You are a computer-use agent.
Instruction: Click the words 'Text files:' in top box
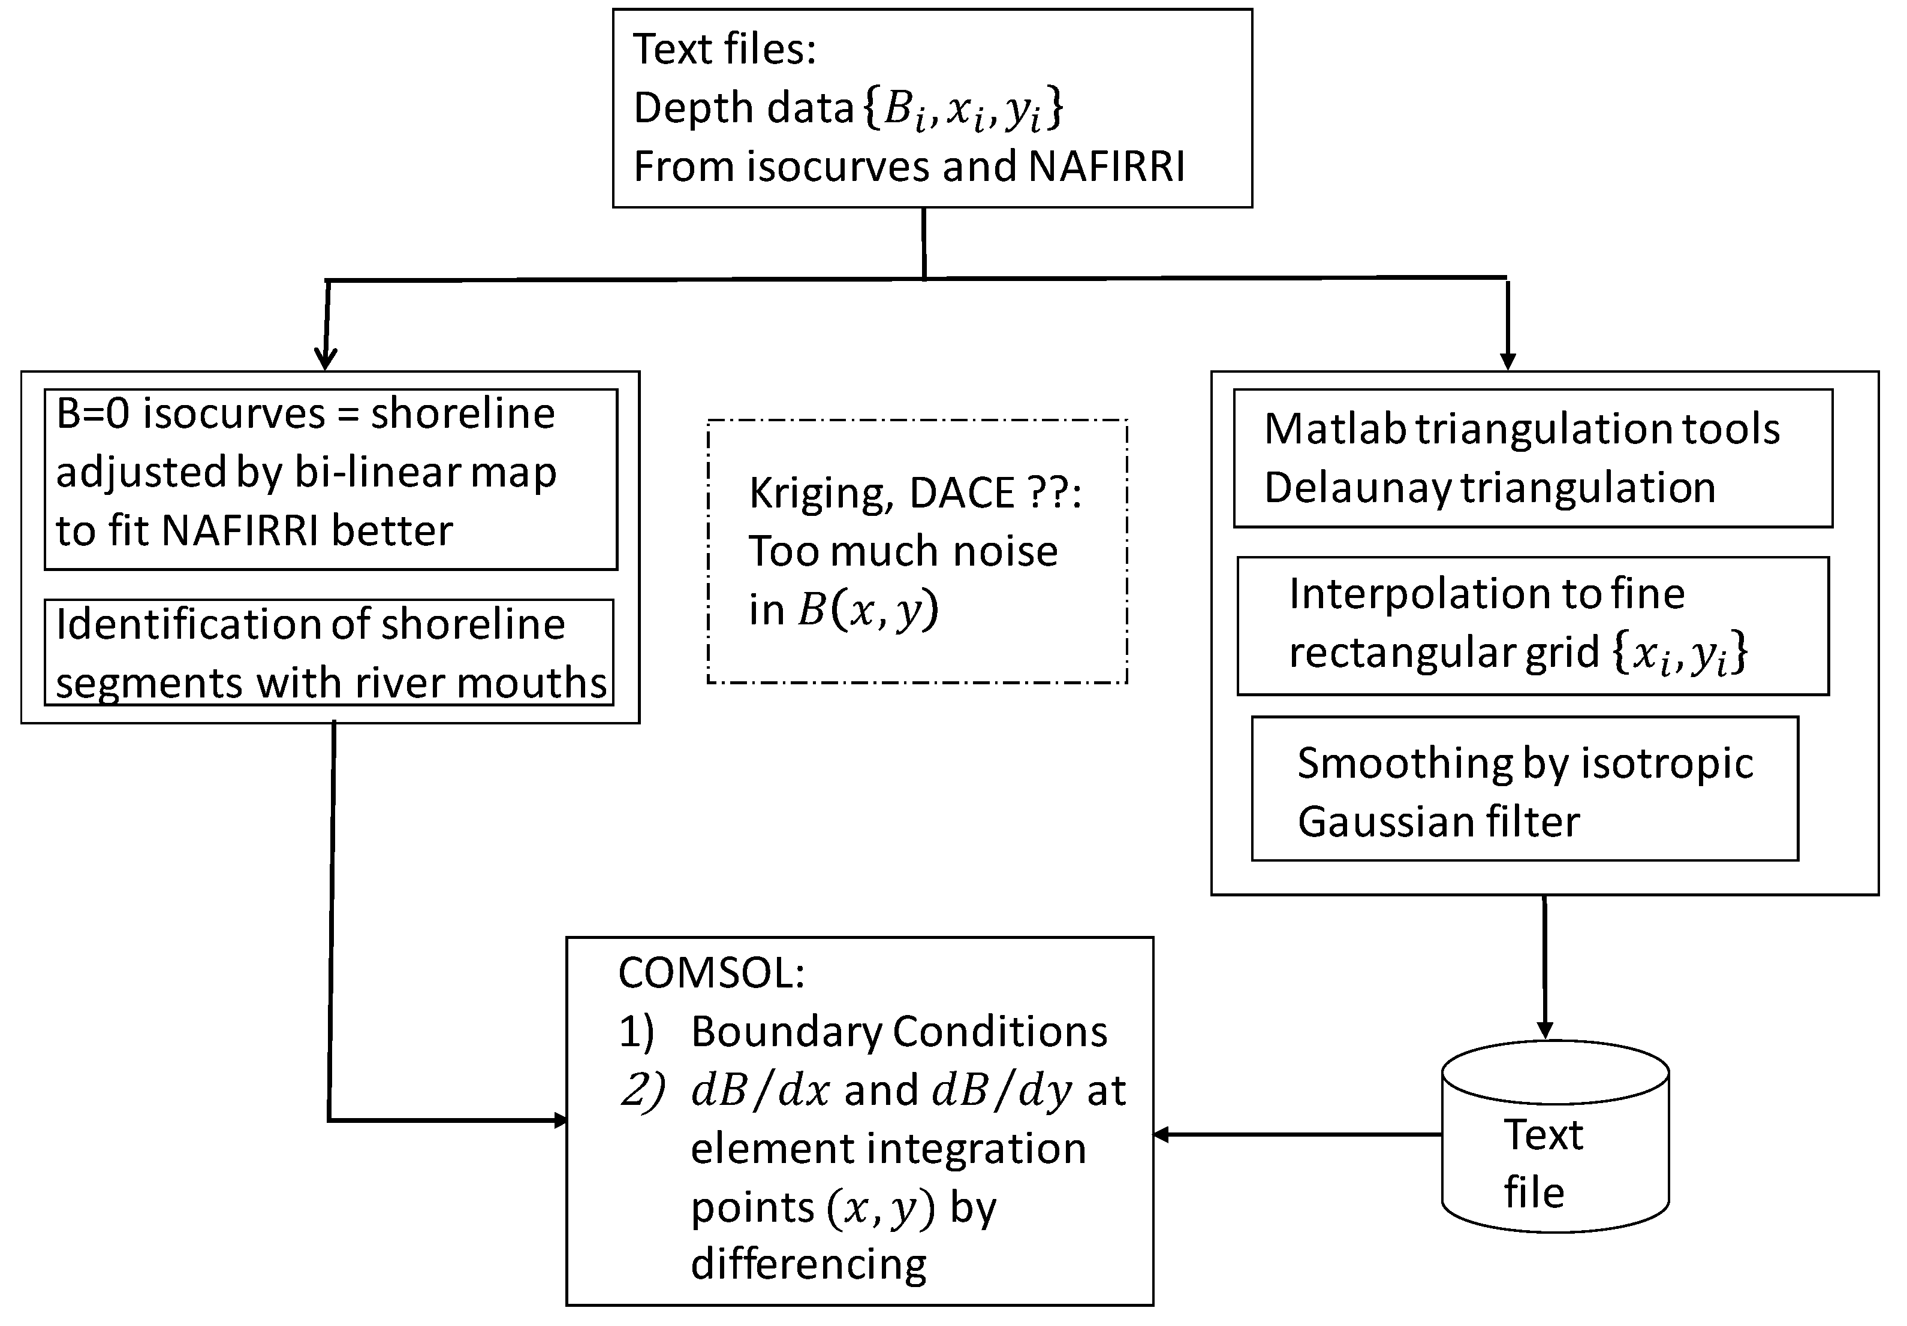pos(724,50)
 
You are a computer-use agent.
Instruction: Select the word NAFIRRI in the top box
pos(1105,167)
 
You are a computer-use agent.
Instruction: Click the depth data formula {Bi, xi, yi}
pos(963,110)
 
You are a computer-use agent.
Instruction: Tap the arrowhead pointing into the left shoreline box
pos(326,359)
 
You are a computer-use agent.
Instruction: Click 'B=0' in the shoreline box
pos(93,413)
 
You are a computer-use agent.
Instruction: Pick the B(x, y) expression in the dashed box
pos(868,611)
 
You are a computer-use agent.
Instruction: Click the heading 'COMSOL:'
pos(711,973)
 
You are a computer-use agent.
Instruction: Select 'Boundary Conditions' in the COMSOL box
pos(899,1032)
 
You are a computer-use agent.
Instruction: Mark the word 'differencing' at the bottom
pos(808,1264)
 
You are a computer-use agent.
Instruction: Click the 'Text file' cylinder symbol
pos(1555,1137)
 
